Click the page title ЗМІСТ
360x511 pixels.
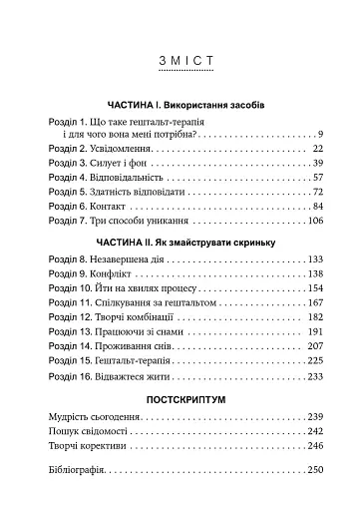(x=180, y=65)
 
